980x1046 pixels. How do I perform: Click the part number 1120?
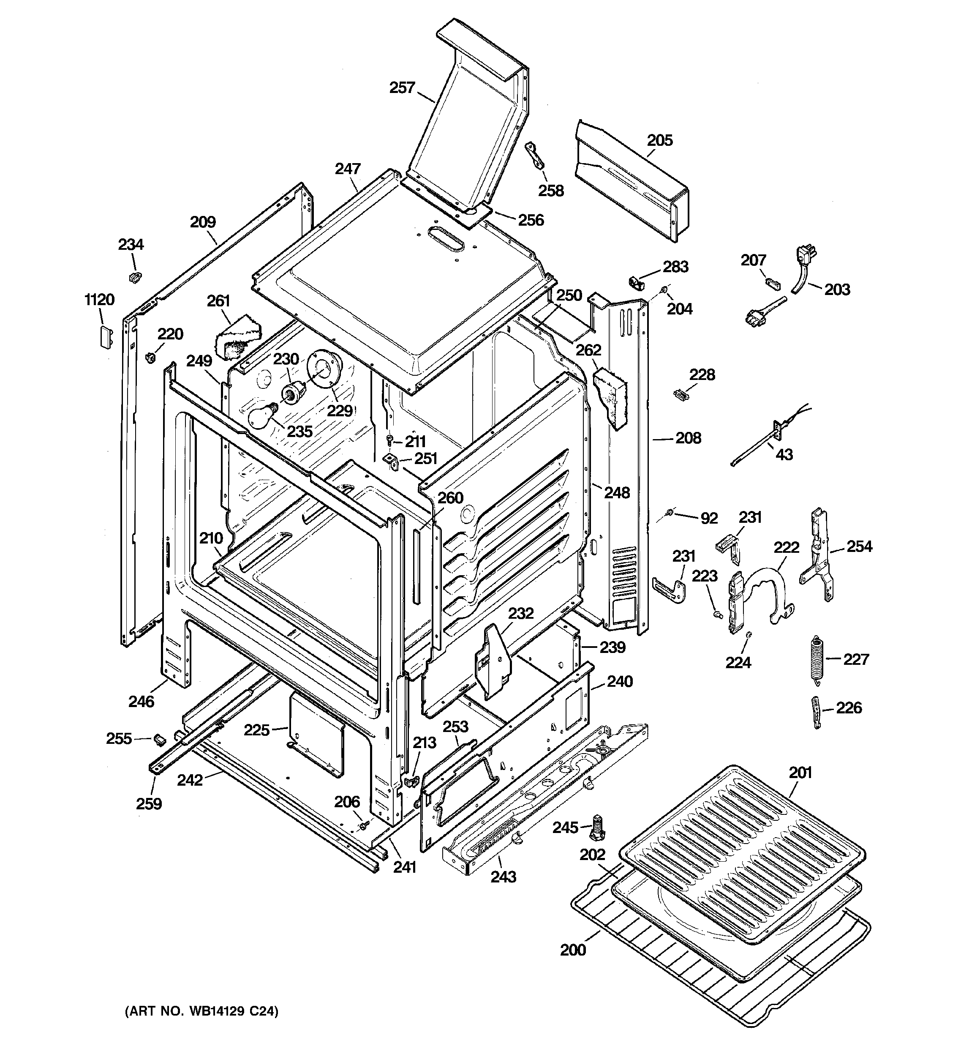[99, 300]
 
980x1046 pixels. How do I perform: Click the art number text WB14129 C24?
[201, 1011]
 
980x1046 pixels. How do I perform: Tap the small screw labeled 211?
[390, 440]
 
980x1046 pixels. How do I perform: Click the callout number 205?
[660, 140]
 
